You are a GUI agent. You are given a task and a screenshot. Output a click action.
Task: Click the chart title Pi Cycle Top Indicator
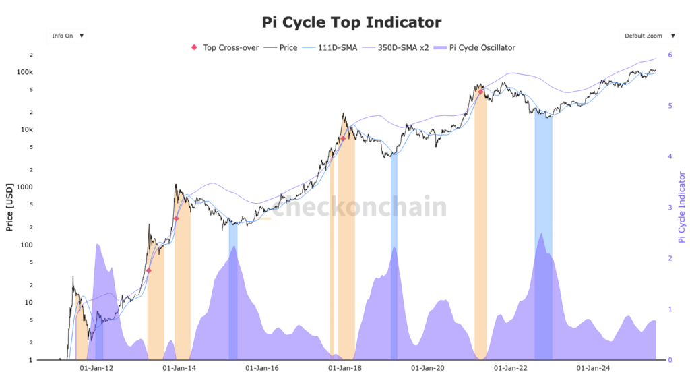tap(351, 22)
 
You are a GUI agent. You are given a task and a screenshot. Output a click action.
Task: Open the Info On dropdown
tap(67, 36)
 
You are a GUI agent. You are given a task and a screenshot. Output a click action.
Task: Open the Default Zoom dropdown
tap(647, 36)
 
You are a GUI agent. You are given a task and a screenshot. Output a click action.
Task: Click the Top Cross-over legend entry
tap(226, 48)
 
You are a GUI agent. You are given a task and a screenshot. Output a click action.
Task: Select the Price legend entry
tap(282, 48)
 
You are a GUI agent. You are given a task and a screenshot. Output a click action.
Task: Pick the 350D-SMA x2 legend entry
tap(394, 48)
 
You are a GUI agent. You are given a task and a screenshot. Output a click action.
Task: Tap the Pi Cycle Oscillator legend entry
tap(476, 48)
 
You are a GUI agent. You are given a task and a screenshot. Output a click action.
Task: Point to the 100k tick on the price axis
tap(24, 72)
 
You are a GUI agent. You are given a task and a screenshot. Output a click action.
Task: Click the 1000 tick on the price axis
tap(24, 187)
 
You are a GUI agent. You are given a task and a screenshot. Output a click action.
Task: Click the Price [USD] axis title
tap(9, 208)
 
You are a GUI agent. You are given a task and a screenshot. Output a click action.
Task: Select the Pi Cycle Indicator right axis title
tap(681, 207)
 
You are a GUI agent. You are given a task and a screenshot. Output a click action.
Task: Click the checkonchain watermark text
tap(359, 208)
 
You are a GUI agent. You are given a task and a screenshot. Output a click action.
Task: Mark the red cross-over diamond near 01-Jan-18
tap(343, 138)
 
